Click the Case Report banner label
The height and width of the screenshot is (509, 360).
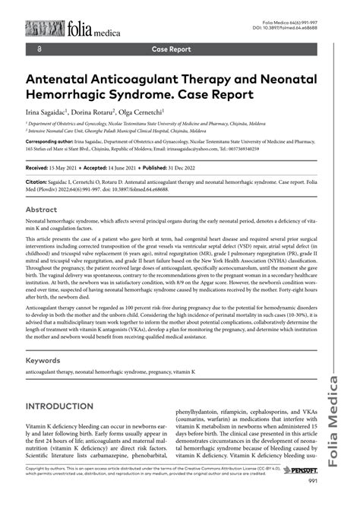click(x=171, y=49)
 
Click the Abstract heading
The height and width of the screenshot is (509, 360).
click(x=46, y=209)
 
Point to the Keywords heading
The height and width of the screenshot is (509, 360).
click(x=49, y=360)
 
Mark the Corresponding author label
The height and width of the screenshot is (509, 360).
click(x=55, y=141)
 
